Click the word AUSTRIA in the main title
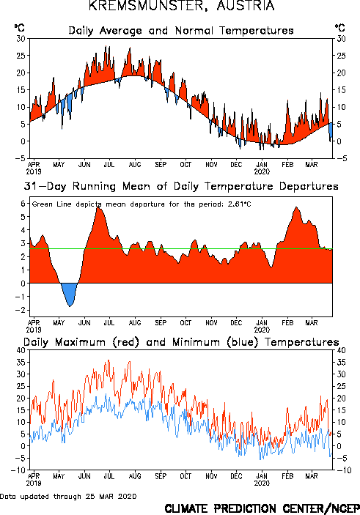point(246,6)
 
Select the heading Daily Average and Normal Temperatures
point(181,31)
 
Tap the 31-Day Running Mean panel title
point(181,186)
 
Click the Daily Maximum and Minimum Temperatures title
point(181,342)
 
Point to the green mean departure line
point(181,248)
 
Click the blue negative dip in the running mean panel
point(70,294)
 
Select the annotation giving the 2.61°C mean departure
point(142,204)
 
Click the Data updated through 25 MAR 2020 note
point(68,496)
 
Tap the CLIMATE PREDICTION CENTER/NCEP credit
point(262,508)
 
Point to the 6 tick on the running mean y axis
point(23,204)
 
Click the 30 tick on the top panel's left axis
point(21,38)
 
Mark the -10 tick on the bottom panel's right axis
point(343,470)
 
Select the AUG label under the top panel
point(135,164)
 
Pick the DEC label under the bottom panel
point(236,476)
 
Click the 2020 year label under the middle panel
point(262,330)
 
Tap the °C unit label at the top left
point(19,28)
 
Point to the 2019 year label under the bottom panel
point(34,483)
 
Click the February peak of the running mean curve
point(296,207)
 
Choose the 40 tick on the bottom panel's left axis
point(21,350)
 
